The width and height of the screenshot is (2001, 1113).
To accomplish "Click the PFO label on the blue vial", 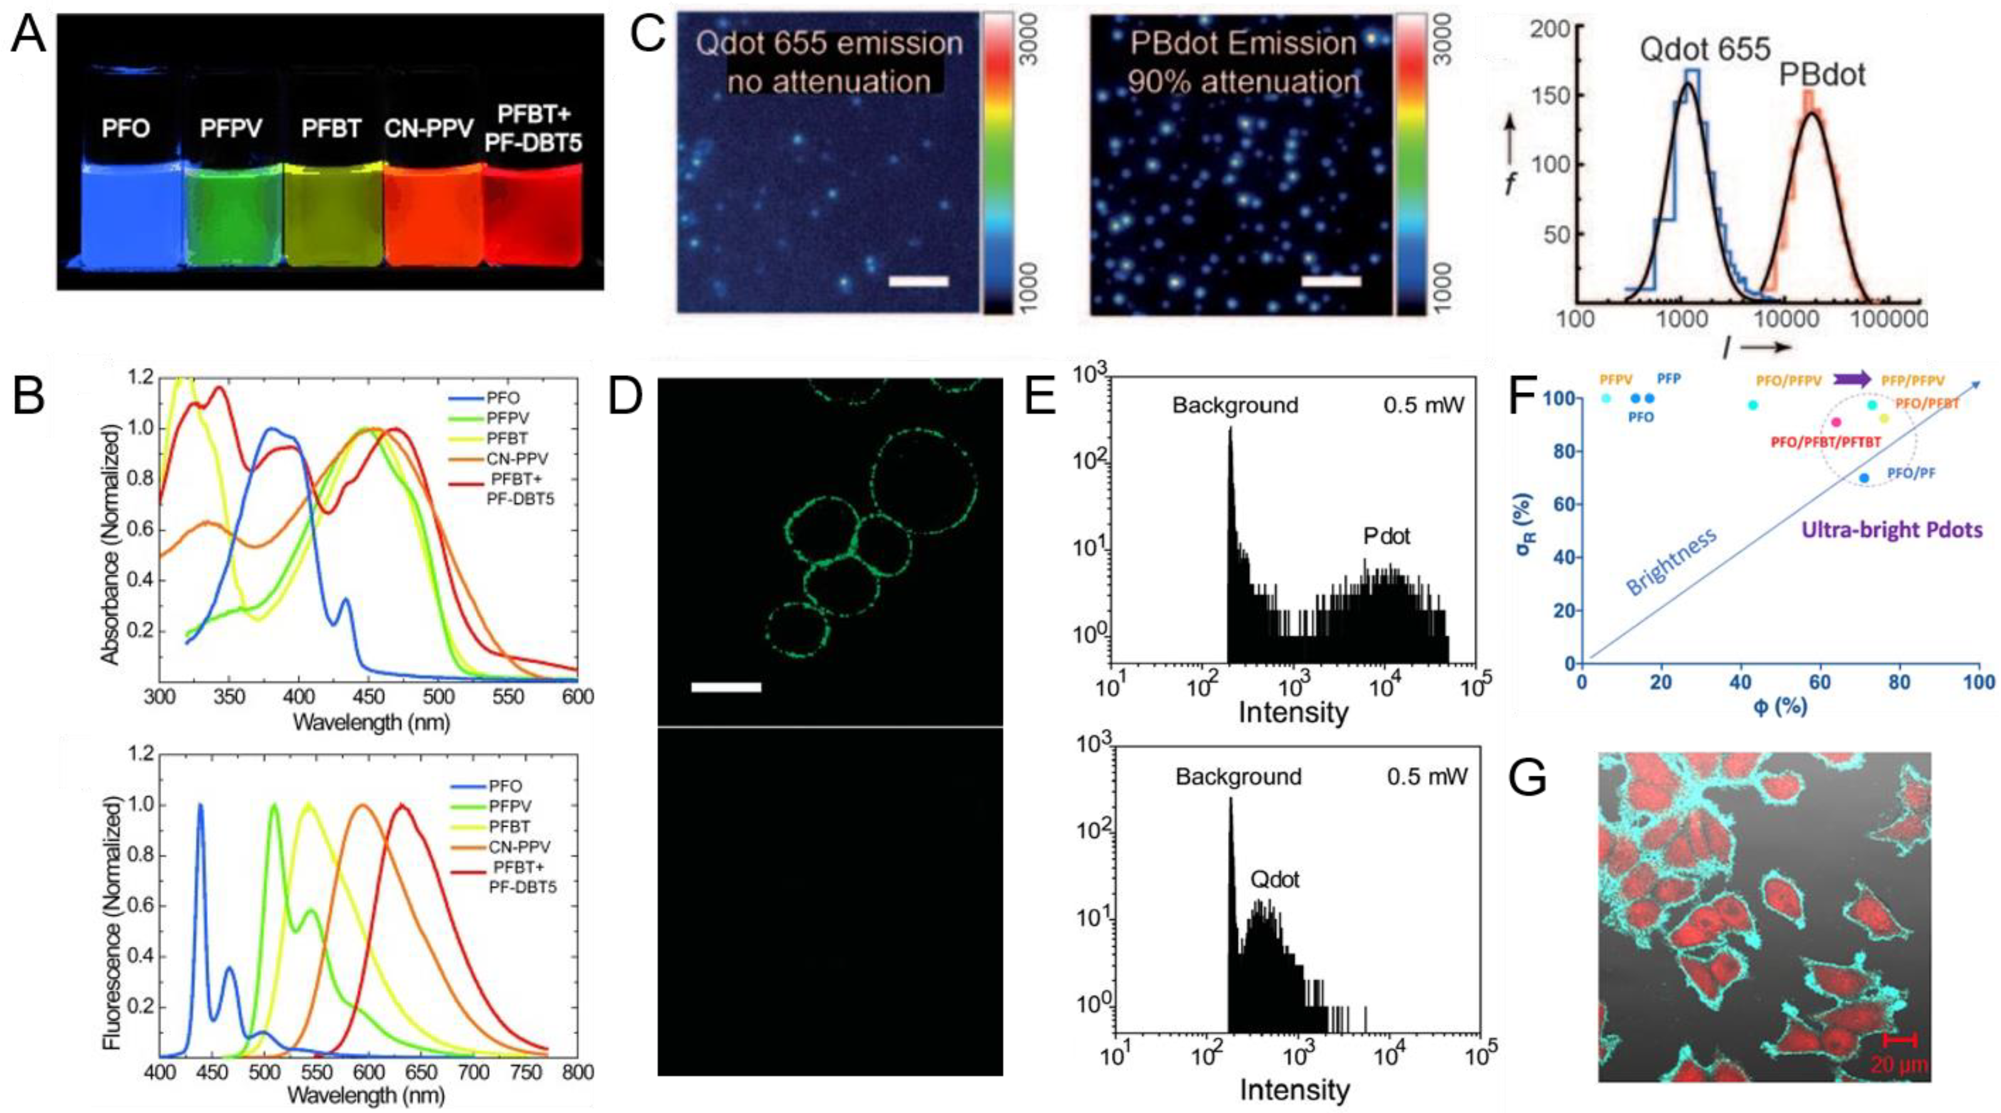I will click(125, 128).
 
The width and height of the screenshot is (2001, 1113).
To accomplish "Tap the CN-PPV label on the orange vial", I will click(429, 128).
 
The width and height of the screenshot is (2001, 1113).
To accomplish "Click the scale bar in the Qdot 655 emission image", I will click(918, 281).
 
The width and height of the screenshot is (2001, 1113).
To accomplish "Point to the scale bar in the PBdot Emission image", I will click(1331, 281).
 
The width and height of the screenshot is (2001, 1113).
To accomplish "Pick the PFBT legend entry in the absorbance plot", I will click(508, 438).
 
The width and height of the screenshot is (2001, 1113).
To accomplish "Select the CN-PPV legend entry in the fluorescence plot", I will click(519, 847).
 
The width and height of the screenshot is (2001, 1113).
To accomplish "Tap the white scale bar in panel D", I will click(725, 687).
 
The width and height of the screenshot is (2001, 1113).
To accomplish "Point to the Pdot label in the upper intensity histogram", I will click(1386, 536).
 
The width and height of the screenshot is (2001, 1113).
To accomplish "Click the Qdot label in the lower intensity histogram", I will click(1275, 879).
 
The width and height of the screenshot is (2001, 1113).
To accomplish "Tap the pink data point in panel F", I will click(1836, 422).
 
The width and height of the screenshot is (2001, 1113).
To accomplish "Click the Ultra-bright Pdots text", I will click(1891, 530).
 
